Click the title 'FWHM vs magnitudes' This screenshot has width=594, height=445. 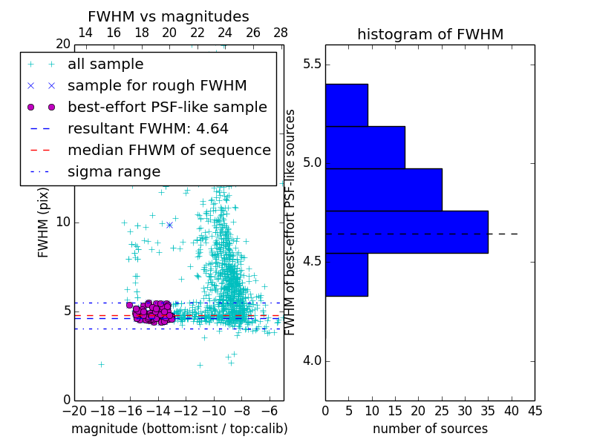tap(169, 16)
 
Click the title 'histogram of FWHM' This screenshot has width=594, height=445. tap(430, 34)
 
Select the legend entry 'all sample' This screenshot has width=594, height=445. tap(105, 65)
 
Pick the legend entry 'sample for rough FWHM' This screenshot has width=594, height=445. tap(157, 85)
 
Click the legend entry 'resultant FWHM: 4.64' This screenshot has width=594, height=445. tap(148, 128)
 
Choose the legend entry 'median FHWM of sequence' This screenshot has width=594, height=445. tap(169, 150)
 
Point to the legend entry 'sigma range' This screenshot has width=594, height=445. tap(114, 171)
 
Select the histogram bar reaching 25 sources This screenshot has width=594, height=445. tap(383, 189)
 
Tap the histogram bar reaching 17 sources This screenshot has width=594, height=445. tap(365, 147)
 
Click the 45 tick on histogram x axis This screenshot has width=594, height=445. tap(534, 411)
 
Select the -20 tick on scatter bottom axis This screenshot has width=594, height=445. tap(74, 411)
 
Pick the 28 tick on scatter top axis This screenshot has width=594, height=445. tap(281, 33)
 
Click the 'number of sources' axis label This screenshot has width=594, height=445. tap(430, 429)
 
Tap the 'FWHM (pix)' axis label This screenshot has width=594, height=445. tap(44, 222)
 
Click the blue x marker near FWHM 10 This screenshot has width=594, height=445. tap(169, 225)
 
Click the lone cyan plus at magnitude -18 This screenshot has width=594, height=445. tap(101, 364)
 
